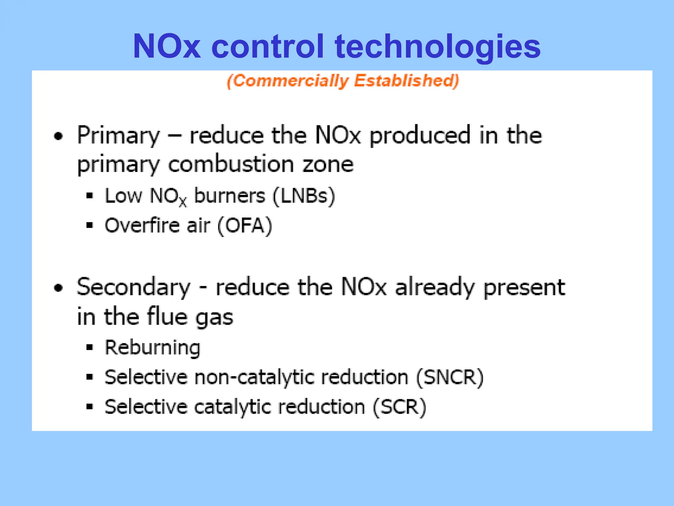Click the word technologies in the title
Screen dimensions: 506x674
point(438,47)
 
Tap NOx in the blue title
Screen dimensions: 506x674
point(167,47)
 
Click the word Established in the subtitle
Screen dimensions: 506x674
point(406,81)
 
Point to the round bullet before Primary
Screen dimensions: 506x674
point(58,136)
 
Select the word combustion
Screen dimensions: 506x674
point(231,164)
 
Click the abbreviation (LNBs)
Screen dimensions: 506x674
point(304,196)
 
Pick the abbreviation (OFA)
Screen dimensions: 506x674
point(245,226)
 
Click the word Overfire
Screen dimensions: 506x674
point(142,226)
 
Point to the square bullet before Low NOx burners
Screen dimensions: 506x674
point(90,196)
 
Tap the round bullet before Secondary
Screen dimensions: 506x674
point(58,288)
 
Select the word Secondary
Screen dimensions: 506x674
point(134,288)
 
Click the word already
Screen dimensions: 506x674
point(435,288)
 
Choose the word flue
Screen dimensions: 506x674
point(167,317)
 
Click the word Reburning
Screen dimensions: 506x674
point(152,348)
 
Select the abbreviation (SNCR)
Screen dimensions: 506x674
point(450,377)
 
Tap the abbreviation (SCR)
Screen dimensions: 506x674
point(400,407)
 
